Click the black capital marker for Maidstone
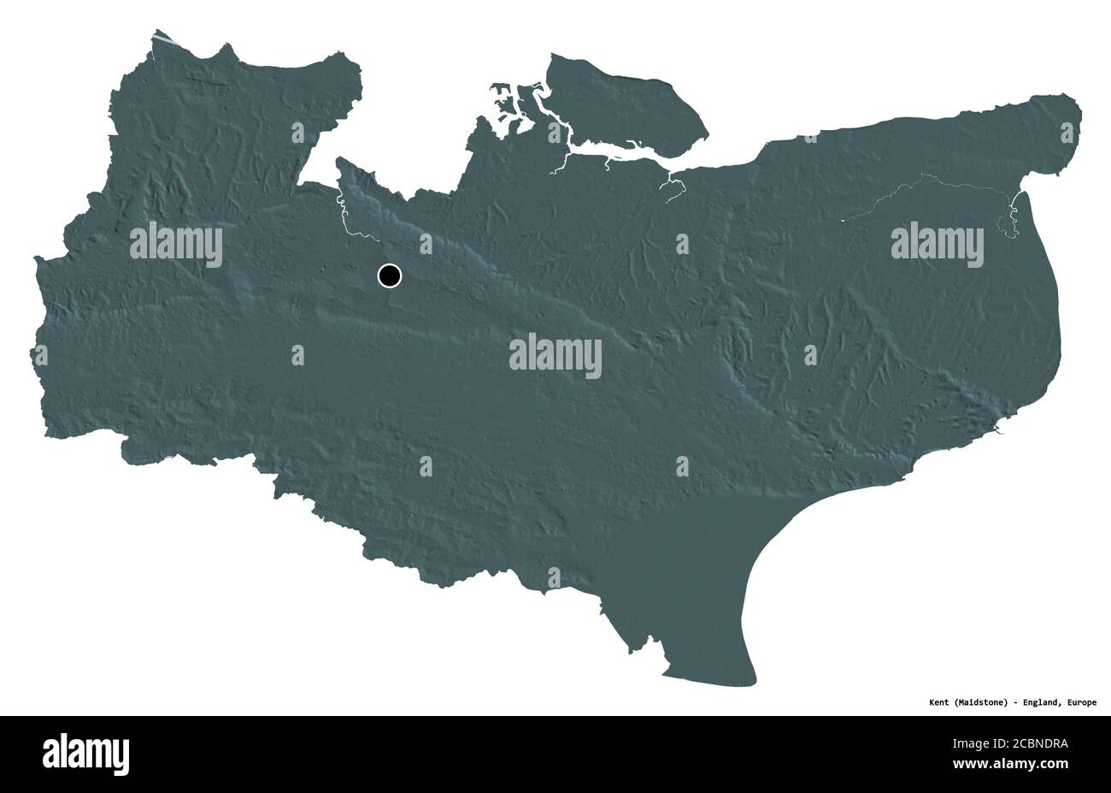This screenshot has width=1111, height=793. pos(389,275)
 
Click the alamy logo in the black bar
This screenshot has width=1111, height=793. pos(85,754)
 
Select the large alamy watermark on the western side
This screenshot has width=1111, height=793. pos(176,244)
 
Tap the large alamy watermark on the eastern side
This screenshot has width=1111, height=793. pos(937,244)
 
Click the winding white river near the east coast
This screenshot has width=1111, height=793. pos(1012,218)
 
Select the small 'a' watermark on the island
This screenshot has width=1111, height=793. pos(554,132)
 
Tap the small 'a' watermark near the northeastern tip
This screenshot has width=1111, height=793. pos(1067,132)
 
